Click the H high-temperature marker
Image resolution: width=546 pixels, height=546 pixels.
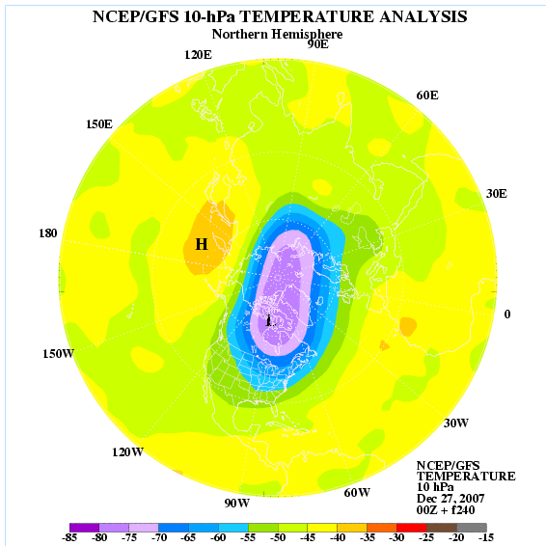[202, 244]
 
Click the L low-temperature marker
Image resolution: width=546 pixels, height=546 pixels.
[270, 320]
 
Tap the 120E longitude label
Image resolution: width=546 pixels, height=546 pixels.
[198, 55]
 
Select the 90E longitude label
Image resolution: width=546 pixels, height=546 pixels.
[318, 44]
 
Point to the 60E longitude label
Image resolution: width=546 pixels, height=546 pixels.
[427, 96]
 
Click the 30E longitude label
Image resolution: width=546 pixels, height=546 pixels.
[497, 194]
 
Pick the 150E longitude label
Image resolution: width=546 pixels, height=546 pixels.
[99, 124]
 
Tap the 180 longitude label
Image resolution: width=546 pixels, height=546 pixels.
[47, 232]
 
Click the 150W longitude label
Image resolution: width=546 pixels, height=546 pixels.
[58, 353]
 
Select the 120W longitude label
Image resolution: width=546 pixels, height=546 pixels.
[127, 452]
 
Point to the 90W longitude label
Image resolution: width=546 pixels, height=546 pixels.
[236, 504]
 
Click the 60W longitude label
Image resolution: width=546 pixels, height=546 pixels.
[357, 492]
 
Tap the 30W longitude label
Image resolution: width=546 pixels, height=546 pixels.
[456, 423]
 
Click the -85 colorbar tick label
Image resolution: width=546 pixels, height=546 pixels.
[68, 537]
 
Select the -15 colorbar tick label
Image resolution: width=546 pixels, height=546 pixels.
[486, 537]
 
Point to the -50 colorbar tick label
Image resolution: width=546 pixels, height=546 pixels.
[278, 537]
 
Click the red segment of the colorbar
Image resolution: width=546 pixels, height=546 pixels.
[412, 528]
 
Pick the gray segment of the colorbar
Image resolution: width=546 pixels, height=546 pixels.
[472, 528]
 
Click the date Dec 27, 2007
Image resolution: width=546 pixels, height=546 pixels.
[450, 499]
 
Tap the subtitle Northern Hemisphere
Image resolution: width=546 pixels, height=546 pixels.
[277, 34]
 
